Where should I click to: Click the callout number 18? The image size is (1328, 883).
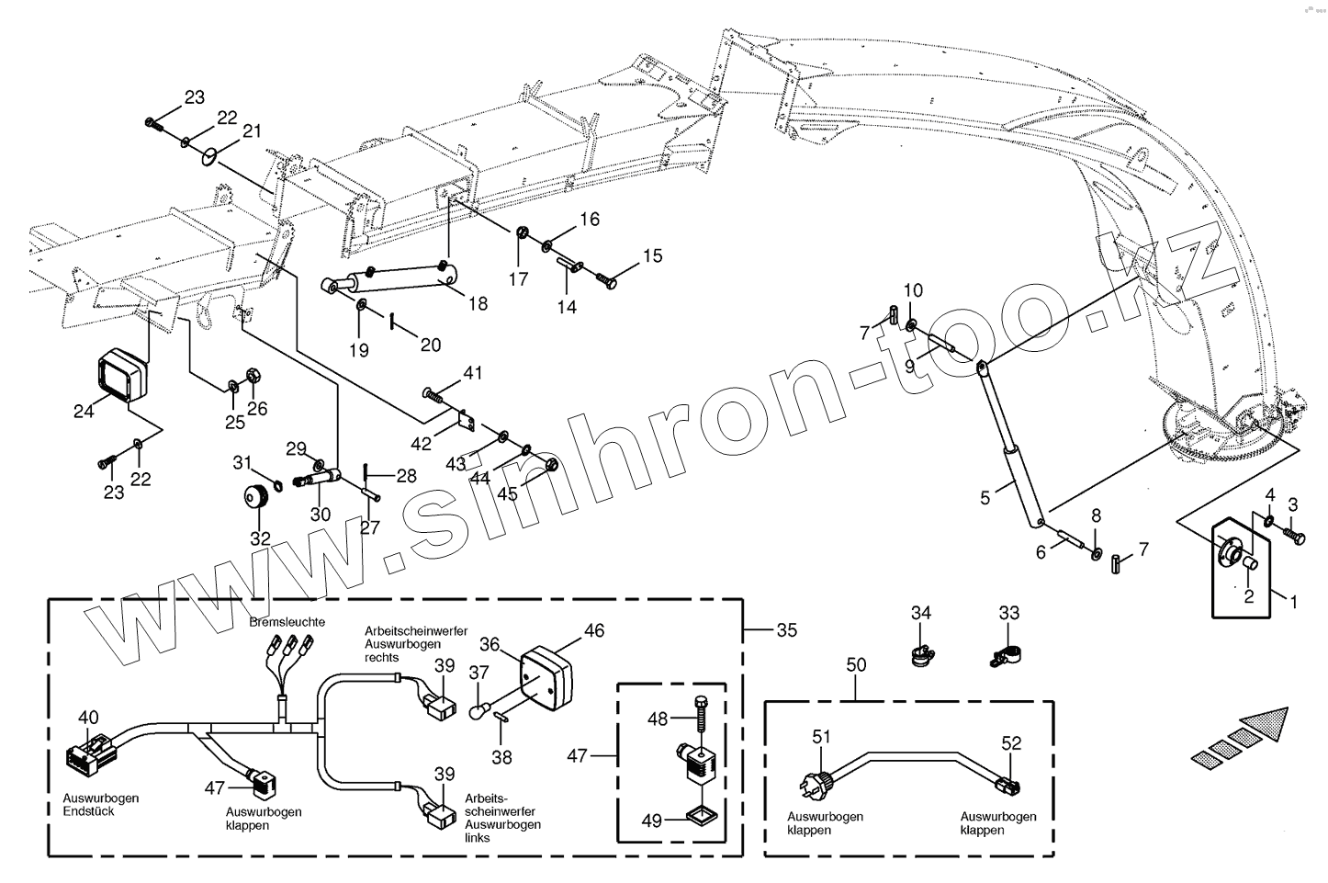[x=478, y=304]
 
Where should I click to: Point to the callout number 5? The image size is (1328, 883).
[x=985, y=498]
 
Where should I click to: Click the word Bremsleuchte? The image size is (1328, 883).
[x=287, y=622]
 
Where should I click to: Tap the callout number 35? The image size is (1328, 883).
[x=786, y=630]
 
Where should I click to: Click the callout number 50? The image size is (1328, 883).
[x=856, y=663]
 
